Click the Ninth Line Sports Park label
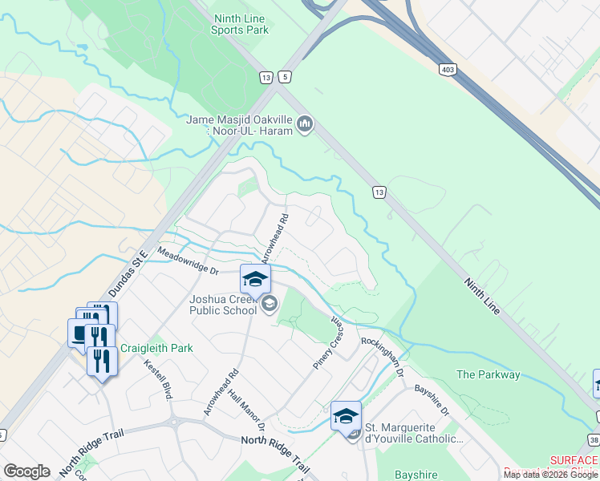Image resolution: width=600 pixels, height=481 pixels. pos(238,24)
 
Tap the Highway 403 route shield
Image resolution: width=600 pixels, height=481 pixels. pos(448,69)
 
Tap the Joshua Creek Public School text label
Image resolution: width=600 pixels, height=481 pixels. pos(222,305)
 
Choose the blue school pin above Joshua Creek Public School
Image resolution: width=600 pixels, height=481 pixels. pos(255,278)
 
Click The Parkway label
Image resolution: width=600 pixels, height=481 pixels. pos(488,374)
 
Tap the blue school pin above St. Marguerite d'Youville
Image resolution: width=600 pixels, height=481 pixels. pos(346,415)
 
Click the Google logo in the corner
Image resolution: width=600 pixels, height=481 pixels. pos(26,471)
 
